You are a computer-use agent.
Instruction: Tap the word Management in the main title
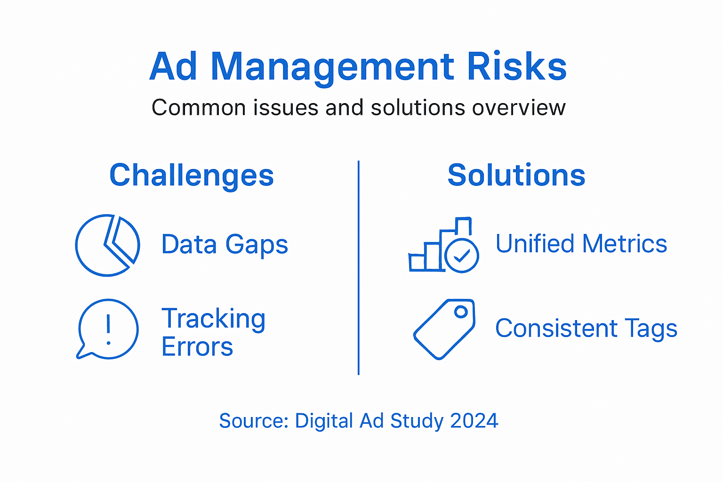pos(332,67)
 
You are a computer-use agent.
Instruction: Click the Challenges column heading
pos(192,176)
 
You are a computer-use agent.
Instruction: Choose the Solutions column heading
pos(516,175)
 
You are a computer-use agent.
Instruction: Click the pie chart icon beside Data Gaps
pos(107,245)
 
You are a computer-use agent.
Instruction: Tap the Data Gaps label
pos(225,245)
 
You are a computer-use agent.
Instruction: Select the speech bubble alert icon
pos(108,329)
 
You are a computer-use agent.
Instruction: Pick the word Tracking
pos(214,319)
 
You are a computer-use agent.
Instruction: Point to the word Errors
pos(197,347)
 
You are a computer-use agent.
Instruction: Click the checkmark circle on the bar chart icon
pos(462,256)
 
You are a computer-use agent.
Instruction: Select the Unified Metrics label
pos(581,244)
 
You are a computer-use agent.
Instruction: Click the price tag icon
pos(444,329)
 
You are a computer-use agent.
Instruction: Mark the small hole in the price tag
pos(461,312)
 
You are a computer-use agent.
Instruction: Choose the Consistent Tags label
pos(586,329)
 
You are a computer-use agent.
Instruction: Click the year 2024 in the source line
pos(474,421)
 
